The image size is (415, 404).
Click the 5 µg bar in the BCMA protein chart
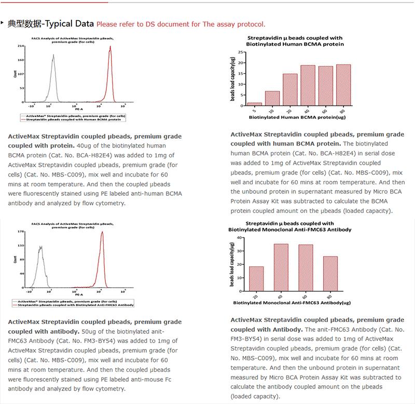point(255,104)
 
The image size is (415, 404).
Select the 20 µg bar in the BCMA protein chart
point(290,89)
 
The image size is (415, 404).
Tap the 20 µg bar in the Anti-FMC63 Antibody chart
point(257,278)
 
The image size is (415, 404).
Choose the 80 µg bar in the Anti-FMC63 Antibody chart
point(330,274)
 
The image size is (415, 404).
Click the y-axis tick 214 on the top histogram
point(21,46)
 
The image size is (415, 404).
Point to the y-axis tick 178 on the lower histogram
point(21,232)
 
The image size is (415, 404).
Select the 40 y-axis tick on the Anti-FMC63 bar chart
point(240,238)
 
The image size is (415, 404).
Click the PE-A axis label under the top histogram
point(77,110)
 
